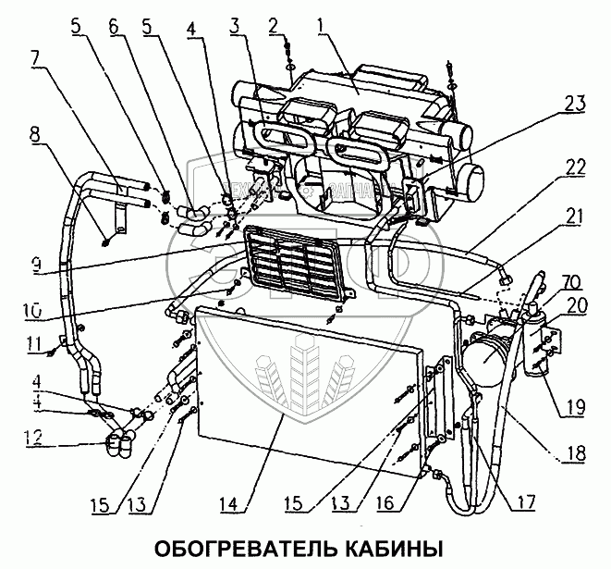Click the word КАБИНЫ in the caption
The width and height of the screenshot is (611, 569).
coord(391,545)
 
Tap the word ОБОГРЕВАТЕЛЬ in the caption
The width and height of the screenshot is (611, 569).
coord(236,545)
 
